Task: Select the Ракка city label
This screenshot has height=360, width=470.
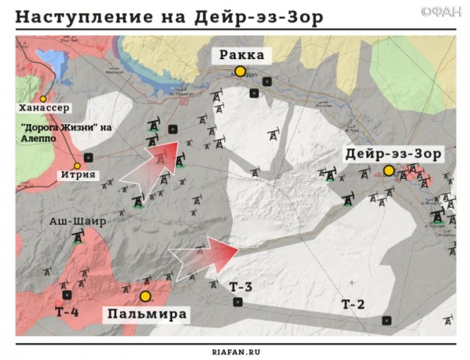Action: click(241, 54)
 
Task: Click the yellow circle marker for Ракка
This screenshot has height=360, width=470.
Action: click(240, 72)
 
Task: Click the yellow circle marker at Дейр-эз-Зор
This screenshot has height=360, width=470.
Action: click(388, 170)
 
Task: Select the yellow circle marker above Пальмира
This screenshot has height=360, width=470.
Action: click(145, 296)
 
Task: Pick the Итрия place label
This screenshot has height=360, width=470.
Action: click(76, 175)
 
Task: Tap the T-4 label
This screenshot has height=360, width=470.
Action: click(67, 312)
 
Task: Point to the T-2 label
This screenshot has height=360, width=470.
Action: click(353, 304)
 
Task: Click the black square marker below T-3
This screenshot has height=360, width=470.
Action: click(238, 302)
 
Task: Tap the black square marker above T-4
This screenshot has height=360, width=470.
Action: click(67, 295)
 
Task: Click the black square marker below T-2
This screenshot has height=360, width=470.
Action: click(386, 320)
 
